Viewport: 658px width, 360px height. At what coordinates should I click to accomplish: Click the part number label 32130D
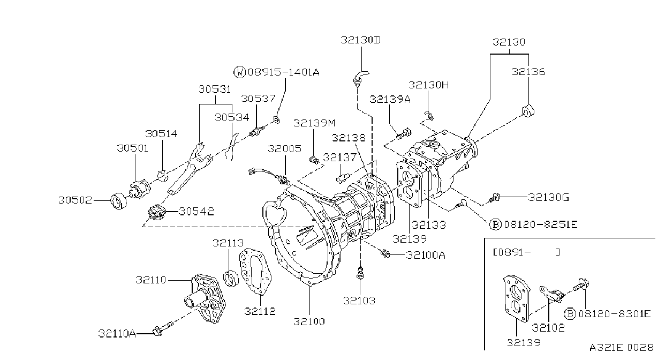[360, 40]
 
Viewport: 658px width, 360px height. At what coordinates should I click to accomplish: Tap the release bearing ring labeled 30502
[119, 201]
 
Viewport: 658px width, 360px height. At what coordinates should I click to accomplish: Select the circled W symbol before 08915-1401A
[239, 72]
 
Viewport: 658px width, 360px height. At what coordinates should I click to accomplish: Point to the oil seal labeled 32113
[231, 278]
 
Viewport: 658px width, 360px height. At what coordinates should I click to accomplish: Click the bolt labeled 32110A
[162, 329]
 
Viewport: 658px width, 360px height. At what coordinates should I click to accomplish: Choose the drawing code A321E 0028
[622, 348]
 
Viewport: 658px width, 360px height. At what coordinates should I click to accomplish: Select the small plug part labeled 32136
[528, 111]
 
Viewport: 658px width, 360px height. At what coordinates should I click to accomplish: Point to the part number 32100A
[426, 255]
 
